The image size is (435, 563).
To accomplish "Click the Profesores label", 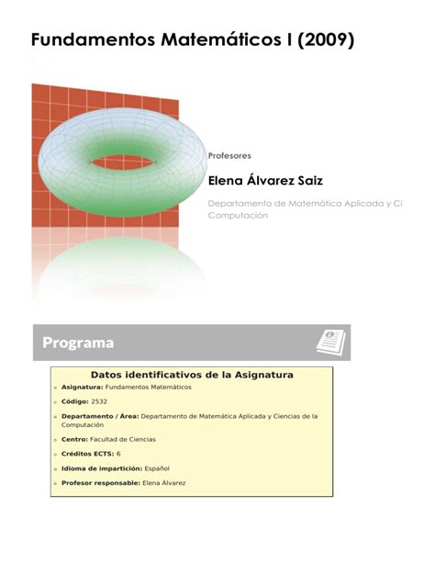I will (x=230, y=155).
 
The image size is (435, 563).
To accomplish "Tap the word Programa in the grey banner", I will (x=78, y=343).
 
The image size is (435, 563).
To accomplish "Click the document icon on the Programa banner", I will (x=330, y=342).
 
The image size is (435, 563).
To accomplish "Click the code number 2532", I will (x=99, y=401).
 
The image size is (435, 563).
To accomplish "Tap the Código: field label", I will (x=75, y=401).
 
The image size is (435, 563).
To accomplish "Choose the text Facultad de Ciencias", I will (x=122, y=440).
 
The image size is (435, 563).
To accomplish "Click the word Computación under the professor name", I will (x=238, y=215).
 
